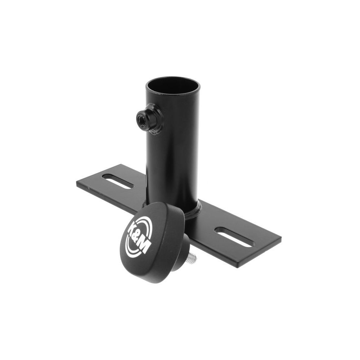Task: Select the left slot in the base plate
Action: [118, 181]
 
